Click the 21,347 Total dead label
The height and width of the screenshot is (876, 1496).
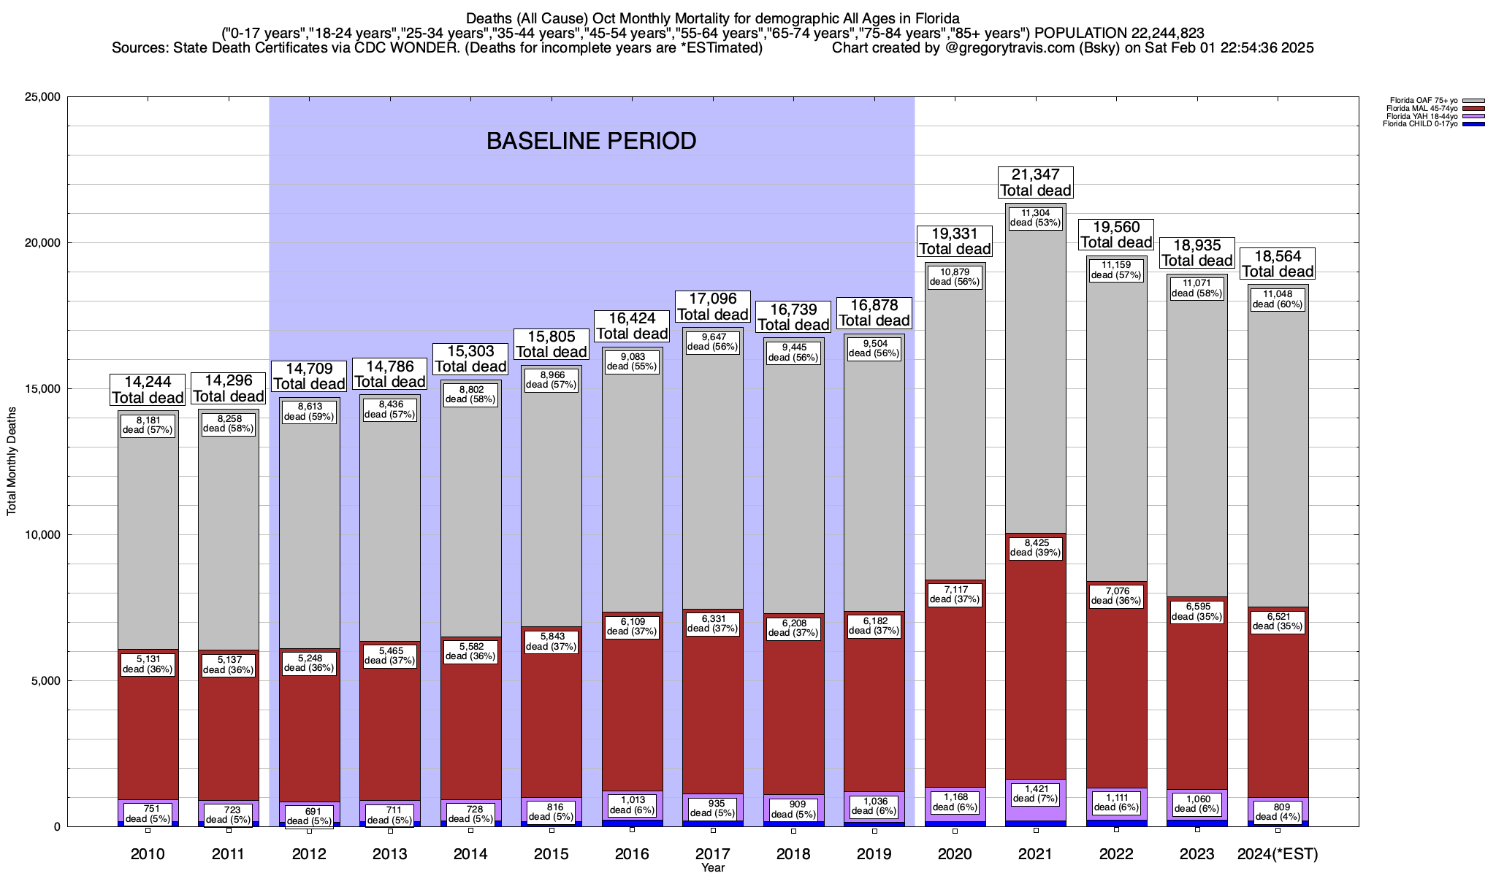click(x=1035, y=182)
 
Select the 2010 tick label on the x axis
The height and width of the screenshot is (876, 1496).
click(x=148, y=853)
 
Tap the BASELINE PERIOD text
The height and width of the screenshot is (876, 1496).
click(x=591, y=141)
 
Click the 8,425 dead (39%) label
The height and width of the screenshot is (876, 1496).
click(x=1035, y=547)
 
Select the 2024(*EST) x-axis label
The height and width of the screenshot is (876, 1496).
click(x=1278, y=853)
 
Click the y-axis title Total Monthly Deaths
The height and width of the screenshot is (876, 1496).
click(x=12, y=462)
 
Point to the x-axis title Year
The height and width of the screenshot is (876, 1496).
click(x=712, y=867)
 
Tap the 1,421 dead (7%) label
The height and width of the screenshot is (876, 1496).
click(x=1035, y=794)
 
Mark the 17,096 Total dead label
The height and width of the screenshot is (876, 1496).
click(x=712, y=307)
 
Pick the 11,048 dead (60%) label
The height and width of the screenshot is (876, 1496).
click(x=1278, y=299)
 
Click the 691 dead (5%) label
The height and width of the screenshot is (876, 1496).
click(x=309, y=816)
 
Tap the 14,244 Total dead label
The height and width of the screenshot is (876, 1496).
click(x=148, y=389)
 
